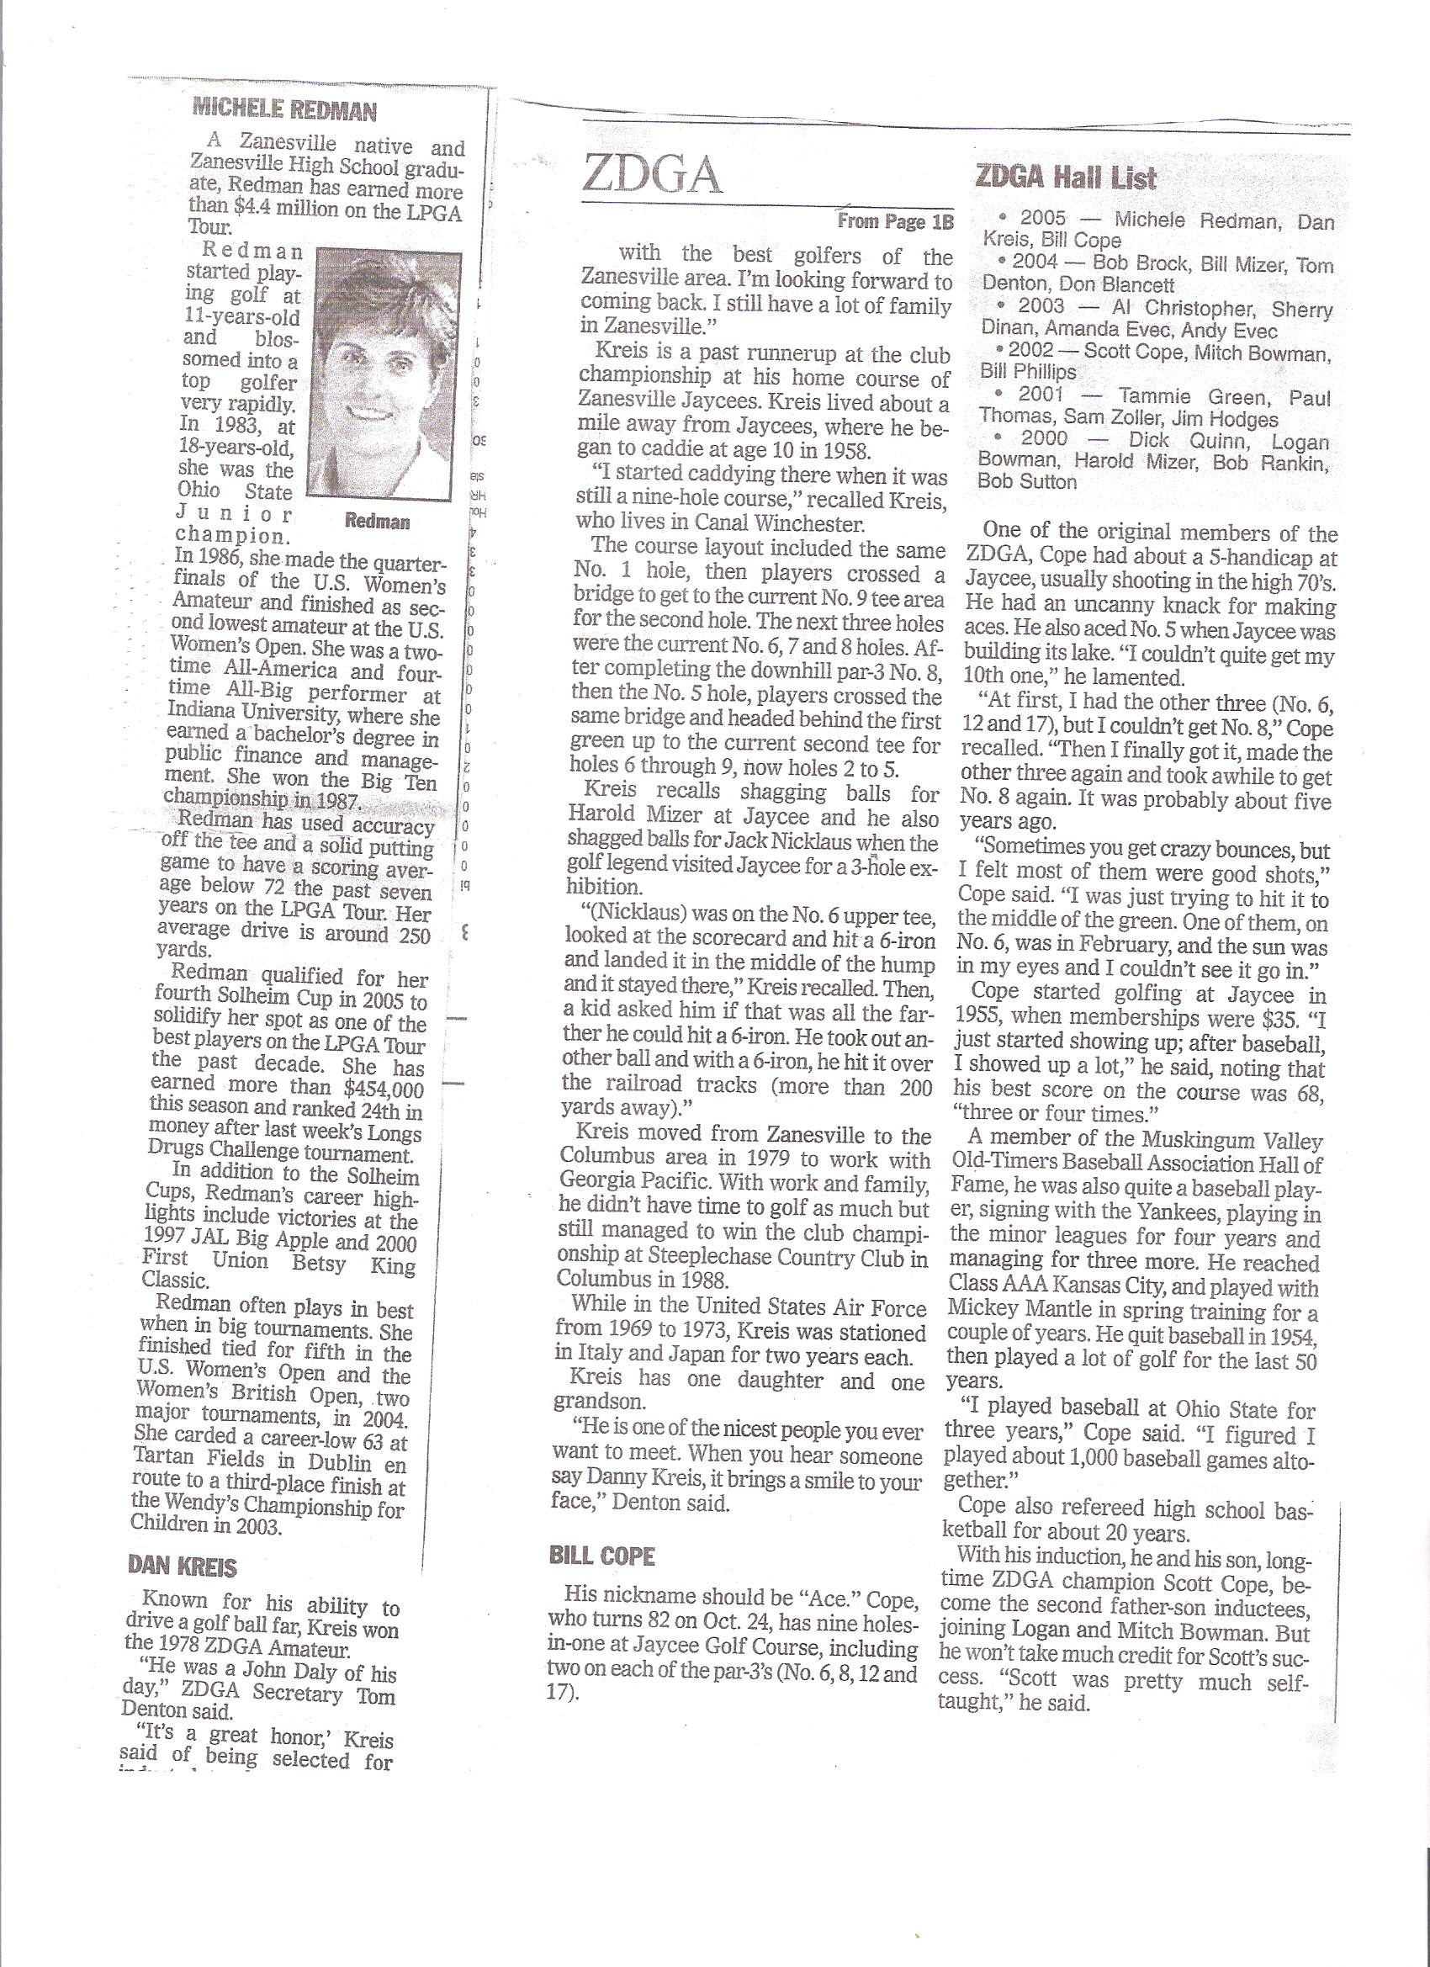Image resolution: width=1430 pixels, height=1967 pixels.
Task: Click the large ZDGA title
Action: [x=652, y=177]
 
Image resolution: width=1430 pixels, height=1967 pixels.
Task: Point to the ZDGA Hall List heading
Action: [x=1066, y=178]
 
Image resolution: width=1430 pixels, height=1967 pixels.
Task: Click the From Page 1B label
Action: [x=895, y=222]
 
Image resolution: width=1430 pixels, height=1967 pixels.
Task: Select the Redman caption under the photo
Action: [x=377, y=522]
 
